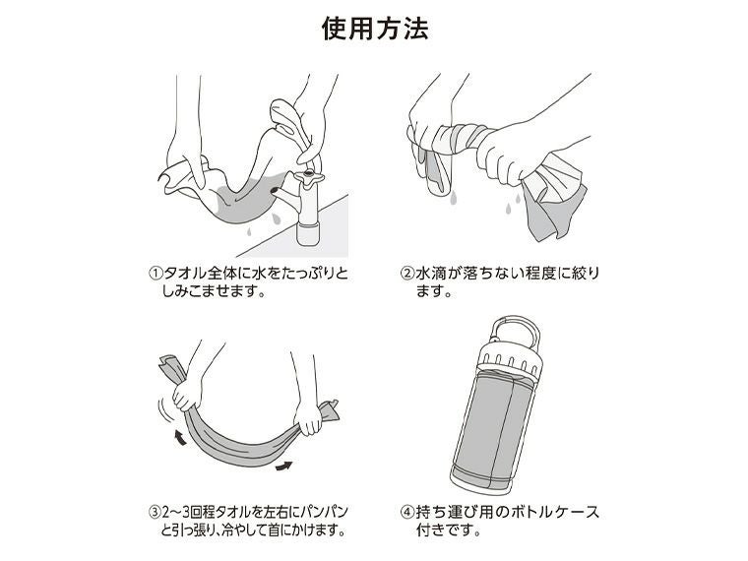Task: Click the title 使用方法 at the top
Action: click(374, 30)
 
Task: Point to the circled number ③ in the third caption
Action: click(155, 513)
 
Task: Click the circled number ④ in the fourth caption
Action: click(406, 513)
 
